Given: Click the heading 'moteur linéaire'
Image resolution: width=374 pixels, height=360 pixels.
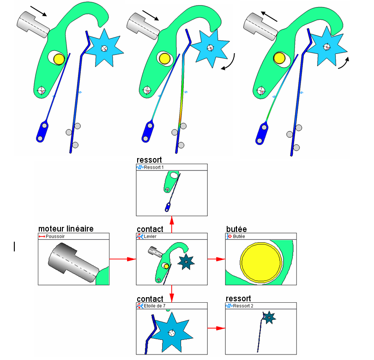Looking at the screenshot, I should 66,229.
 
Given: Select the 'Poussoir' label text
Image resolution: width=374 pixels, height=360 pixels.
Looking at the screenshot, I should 55,236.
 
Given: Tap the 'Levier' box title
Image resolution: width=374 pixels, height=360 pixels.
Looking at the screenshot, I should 151,236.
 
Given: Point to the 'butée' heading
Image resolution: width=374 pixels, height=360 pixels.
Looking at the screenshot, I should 236,229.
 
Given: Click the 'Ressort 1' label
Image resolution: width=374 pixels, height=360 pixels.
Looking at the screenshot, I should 153,167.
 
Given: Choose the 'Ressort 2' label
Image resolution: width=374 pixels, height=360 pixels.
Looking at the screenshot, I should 243,306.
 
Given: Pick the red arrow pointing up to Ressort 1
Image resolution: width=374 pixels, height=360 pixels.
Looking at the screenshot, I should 172,224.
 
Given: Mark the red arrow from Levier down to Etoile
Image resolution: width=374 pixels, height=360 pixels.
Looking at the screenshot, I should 172,292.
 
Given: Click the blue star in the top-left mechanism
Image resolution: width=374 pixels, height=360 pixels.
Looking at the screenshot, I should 104,45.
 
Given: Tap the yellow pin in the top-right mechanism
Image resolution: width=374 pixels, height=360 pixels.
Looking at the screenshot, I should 279,58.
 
